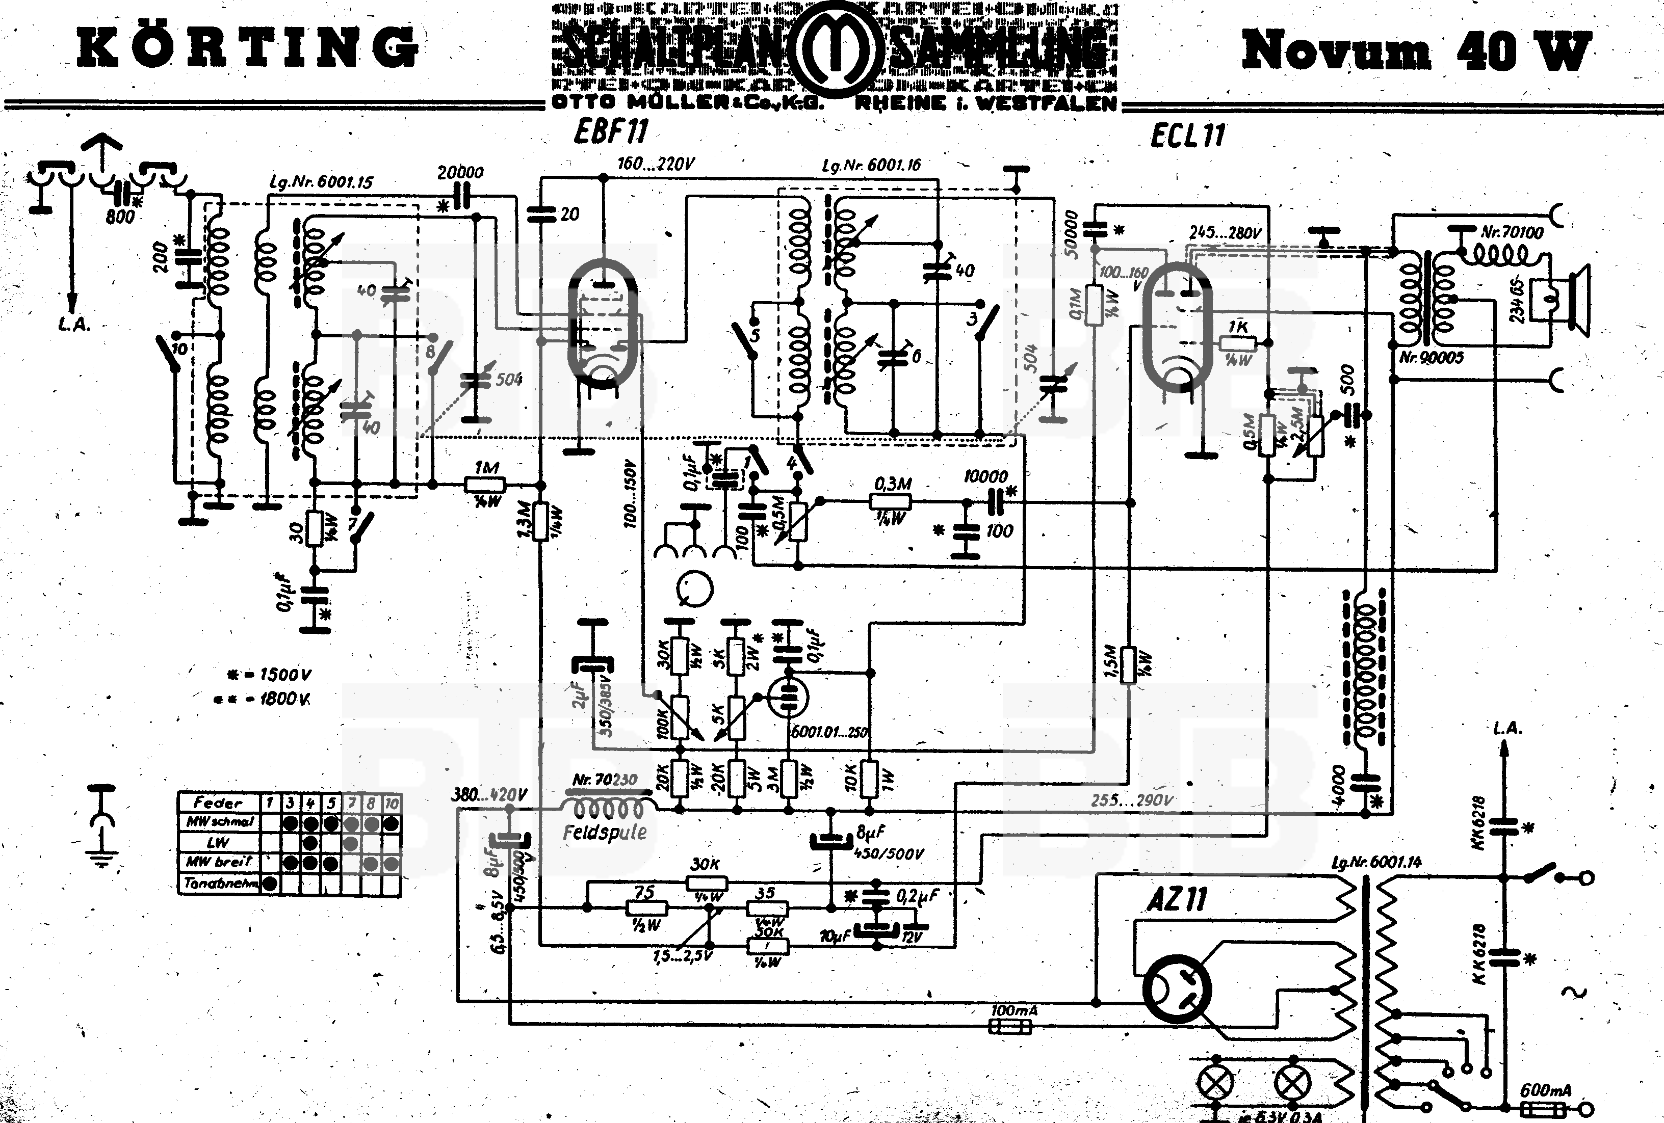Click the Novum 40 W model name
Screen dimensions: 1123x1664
point(1416,51)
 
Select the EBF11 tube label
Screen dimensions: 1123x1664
point(611,131)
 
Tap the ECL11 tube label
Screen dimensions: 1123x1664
point(1188,135)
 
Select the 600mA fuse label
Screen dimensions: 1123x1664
point(1545,1090)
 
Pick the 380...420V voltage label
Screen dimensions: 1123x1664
point(489,794)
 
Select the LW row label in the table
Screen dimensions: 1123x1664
point(218,842)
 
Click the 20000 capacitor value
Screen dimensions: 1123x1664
point(460,173)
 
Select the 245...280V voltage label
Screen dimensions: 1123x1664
point(1225,233)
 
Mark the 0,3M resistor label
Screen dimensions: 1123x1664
point(892,485)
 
